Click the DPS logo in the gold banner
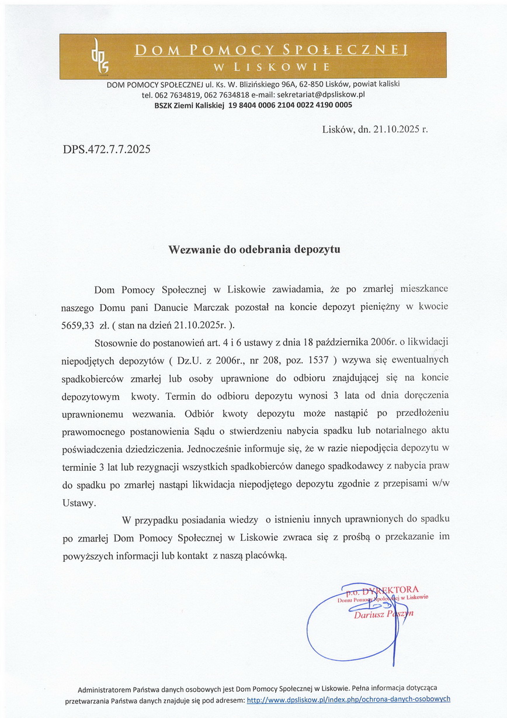pos(96,56)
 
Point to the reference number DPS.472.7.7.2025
pos(106,149)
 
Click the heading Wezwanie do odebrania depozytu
pos(254,249)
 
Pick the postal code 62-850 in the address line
pos(311,84)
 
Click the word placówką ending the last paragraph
pos(267,555)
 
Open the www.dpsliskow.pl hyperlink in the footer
pos(349,699)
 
